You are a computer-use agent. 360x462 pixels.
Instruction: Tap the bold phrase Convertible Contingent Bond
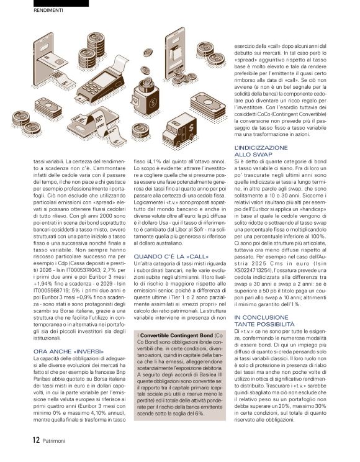[174, 336]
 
